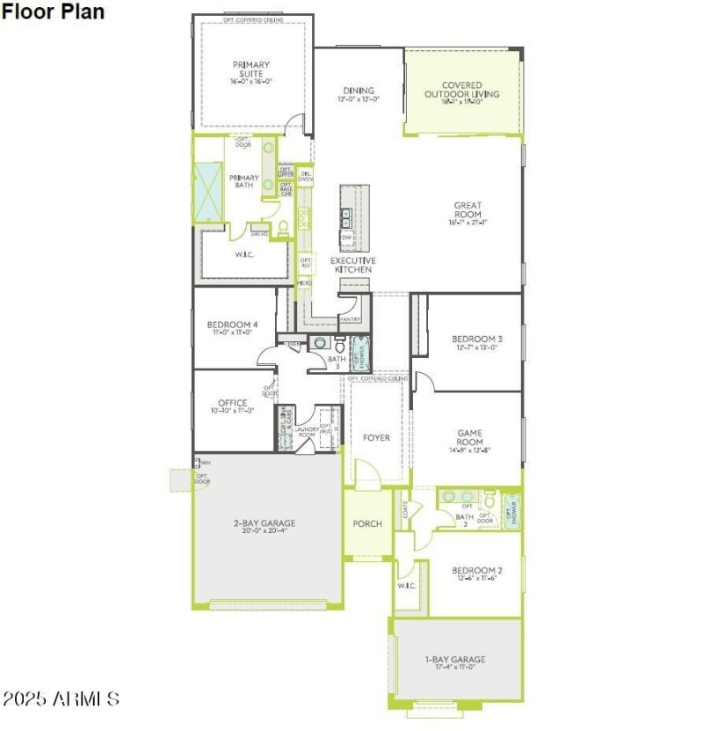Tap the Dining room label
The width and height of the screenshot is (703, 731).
pos(359,91)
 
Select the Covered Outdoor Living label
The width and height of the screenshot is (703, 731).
pos(461,90)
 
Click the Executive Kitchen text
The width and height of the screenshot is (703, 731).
pos(353,265)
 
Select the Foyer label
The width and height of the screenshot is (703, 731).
pos(376,437)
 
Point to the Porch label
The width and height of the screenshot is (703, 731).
pos(367,524)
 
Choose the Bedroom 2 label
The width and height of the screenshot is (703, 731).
pos(477,569)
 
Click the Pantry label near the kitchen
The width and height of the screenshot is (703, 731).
pos(351,320)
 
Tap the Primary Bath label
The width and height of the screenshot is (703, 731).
pos(244,182)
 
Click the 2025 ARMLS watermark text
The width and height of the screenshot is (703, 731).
pos(62,700)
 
